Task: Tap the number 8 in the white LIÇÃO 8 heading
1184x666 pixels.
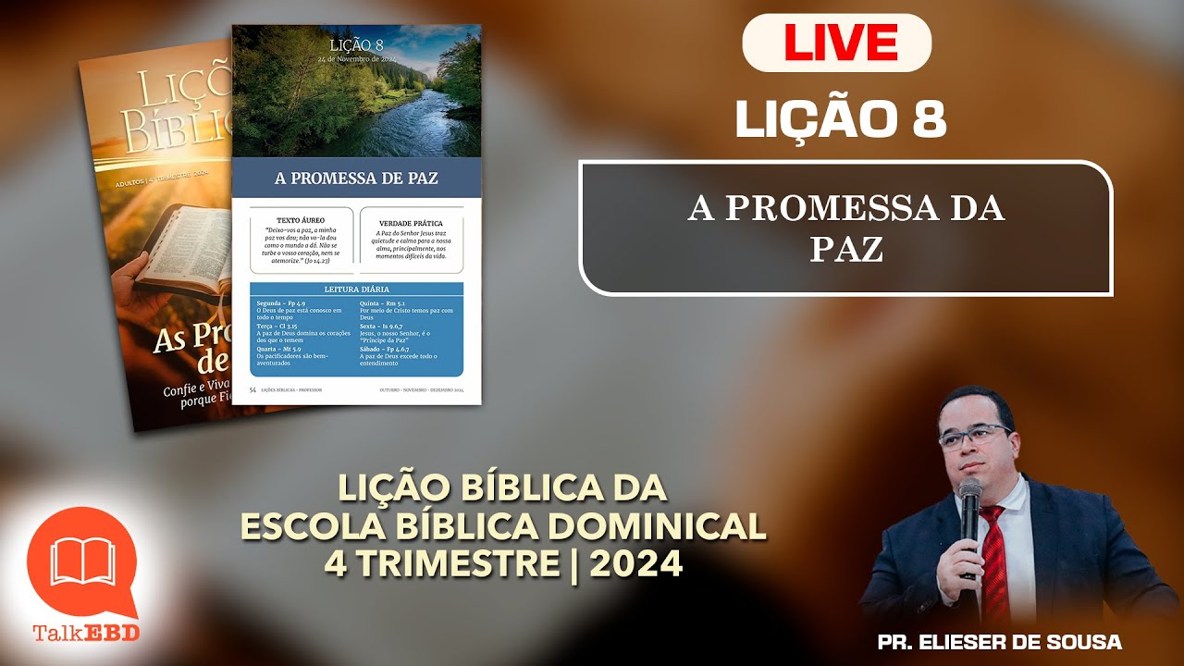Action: tap(929, 120)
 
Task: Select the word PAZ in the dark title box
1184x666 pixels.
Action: tap(846, 249)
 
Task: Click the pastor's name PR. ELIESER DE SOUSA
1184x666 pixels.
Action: tap(999, 642)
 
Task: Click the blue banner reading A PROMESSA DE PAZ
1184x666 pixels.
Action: tap(356, 178)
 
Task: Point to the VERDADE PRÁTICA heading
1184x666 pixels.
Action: tap(411, 223)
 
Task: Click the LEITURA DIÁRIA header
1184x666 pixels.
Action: tap(356, 290)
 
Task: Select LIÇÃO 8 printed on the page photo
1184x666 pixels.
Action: tap(355, 43)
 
